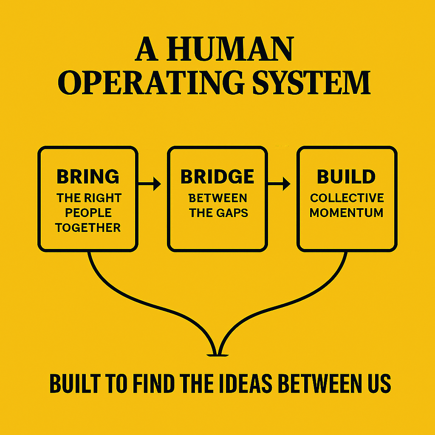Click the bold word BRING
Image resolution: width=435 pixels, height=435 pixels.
[x=88, y=177]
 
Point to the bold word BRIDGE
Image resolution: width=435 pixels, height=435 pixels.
[x=217, y=177]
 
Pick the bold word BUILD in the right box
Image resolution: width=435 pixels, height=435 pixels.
[x=346, y=177]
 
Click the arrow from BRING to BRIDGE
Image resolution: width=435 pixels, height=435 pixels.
[x=150, y=184]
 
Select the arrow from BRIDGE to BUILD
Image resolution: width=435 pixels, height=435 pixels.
[x=279, y=184]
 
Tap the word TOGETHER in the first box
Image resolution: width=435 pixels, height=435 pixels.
[x=88, y=228]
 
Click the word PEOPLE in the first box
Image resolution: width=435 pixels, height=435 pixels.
[x=88, y=213]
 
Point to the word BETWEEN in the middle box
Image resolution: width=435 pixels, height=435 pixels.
[x=217, y=198]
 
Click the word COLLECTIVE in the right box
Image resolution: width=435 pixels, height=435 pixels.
[x=347, y=198]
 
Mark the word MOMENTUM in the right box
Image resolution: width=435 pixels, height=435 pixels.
[x=346, y=213]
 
